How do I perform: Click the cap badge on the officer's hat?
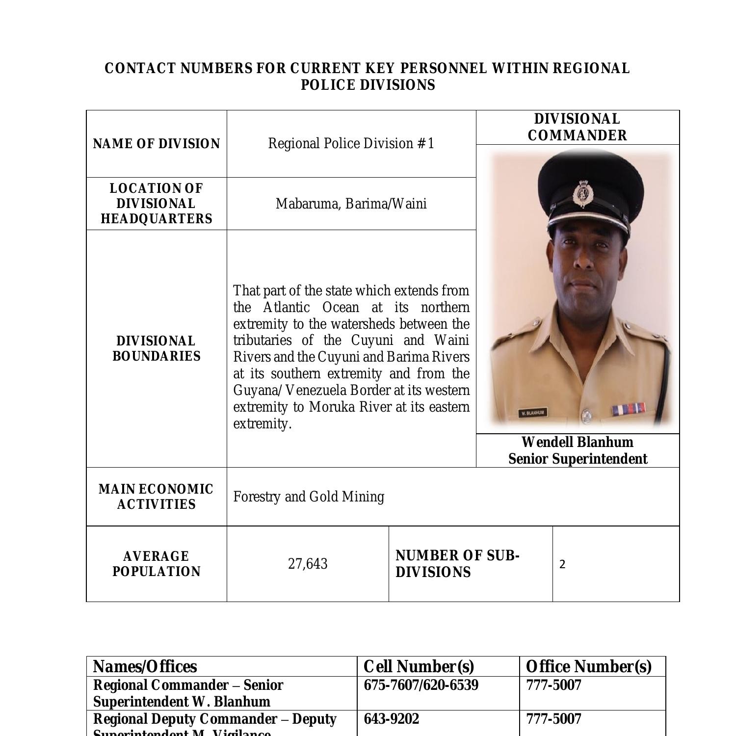582,194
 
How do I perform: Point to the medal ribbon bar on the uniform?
628,408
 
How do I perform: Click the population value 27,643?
308,564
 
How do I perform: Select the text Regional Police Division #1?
351,143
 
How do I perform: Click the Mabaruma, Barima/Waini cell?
351,204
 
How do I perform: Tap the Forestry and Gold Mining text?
309,497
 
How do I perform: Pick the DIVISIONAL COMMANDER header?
578,127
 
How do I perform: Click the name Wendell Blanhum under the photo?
578,442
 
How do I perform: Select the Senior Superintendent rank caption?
578,459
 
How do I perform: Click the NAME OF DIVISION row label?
157,144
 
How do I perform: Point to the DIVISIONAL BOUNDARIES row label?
157,348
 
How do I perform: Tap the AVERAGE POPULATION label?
157,564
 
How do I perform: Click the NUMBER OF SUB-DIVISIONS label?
457,564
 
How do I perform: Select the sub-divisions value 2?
562,564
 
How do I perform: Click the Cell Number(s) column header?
419,666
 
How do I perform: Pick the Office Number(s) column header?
588,666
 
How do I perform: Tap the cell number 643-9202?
392,719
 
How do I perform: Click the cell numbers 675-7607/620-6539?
421,685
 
